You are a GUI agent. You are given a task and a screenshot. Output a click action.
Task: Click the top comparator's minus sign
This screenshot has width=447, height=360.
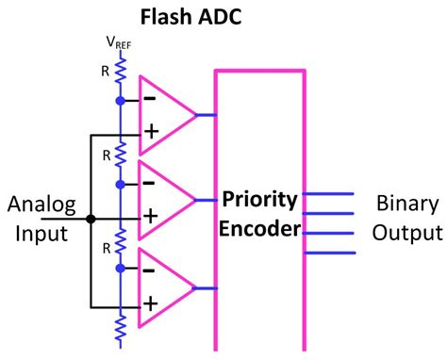pyautogui.click(x=150, y=97)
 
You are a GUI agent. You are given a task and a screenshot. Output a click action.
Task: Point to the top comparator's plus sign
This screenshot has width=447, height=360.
pyautogui.click(x=150, y=134)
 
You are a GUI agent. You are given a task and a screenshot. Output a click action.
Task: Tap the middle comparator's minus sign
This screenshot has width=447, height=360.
pyautogui.click(x=150, y=182)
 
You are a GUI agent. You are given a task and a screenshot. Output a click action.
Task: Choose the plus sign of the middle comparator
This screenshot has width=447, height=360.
pyautogui.click(x=150, y=218)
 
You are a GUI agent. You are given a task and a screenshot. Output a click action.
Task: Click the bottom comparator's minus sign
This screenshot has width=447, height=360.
pyautogui.click(x=150, y=269)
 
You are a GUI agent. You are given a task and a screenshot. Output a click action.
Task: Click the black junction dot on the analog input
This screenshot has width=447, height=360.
pyautogui.click(x=91, y=219)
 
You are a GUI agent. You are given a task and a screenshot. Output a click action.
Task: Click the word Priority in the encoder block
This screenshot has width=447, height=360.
pyautogui.click(x=260, y=200)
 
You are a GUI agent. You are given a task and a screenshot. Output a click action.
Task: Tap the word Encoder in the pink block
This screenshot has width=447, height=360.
pyautogui.click(x=260, y=229)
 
